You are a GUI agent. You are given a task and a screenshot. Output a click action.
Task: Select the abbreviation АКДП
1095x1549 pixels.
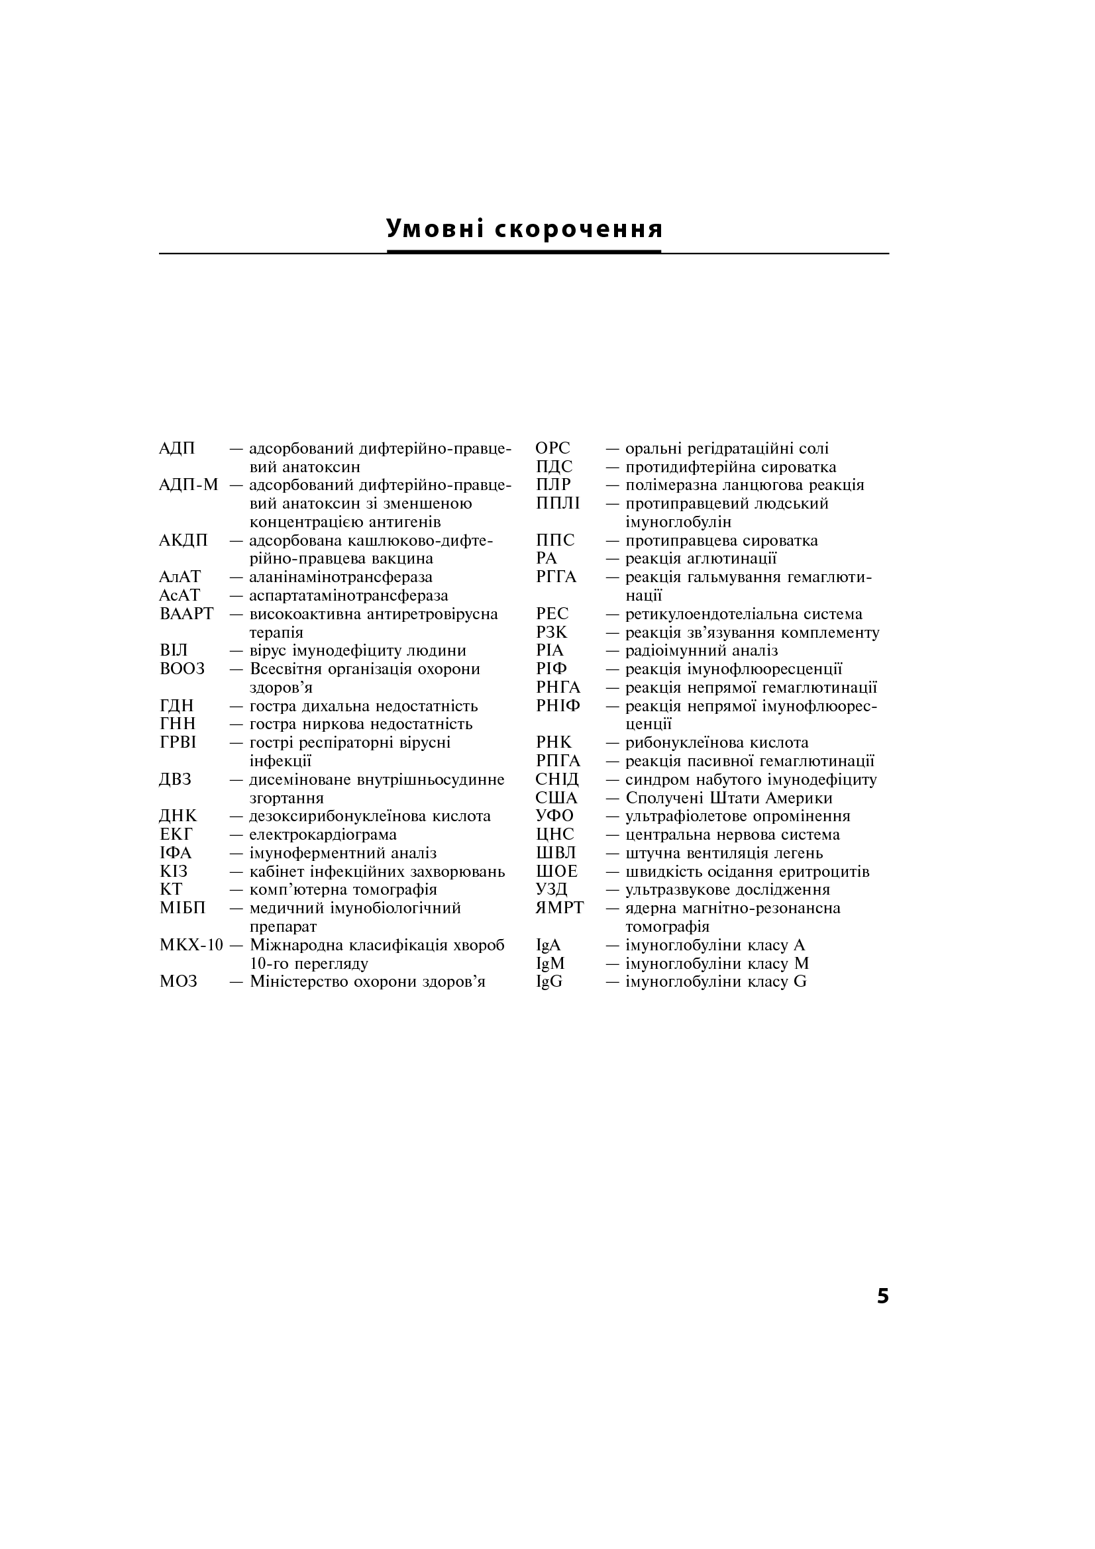[x=183, y=540]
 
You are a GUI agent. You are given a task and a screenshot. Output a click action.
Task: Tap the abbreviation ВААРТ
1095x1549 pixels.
[x=186, y=614]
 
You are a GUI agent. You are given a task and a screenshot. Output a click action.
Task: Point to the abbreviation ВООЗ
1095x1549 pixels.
[x=182, y=670]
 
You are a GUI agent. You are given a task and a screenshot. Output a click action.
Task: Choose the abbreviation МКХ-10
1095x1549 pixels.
[x=191, y=945]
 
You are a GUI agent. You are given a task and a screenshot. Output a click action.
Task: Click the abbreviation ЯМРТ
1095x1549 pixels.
[x=559, y=908]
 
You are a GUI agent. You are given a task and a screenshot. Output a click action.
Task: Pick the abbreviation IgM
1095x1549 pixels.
[x=550, y=964]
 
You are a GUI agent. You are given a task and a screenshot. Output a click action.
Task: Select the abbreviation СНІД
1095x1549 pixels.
[x=557, y=780]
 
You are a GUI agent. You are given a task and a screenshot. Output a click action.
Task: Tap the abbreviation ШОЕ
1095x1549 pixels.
[x=556, y=872]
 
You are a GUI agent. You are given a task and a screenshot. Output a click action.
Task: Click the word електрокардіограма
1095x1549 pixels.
[x=323, y=835]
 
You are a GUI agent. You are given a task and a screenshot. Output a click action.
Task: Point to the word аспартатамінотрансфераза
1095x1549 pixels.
[x=349, y=596]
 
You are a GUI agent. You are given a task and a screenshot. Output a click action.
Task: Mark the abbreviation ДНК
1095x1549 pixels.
[x=178, y=817]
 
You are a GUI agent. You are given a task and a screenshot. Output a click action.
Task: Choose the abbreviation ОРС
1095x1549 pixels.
[x=552, y=448]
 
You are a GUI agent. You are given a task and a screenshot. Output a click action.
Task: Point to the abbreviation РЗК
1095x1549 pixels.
[x=552, y=633]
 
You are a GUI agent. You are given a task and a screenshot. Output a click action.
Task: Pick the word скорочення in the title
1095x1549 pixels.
[x=579, y=228]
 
